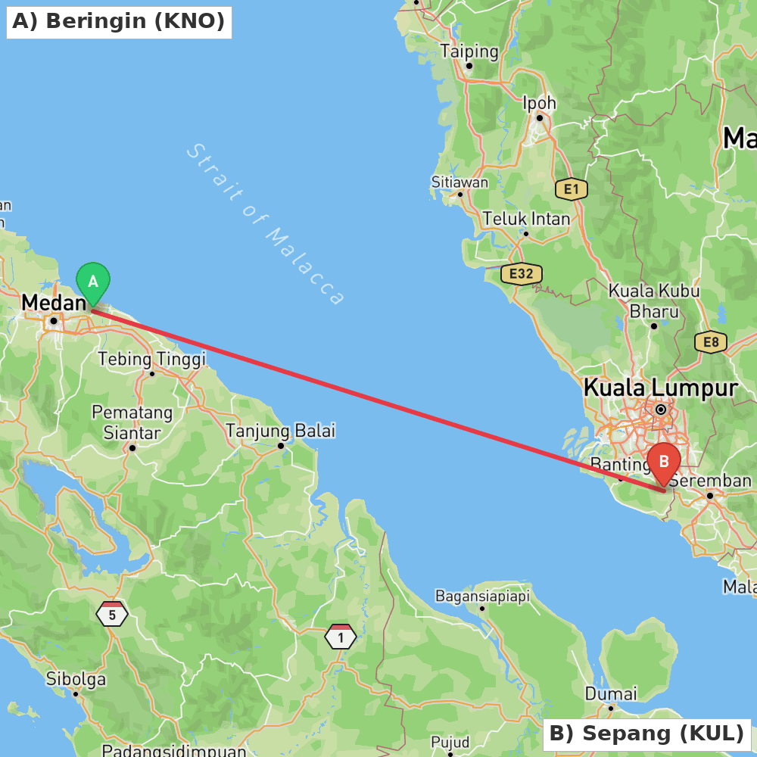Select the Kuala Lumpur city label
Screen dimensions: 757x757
(660, 388)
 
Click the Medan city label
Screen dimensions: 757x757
(54, 303)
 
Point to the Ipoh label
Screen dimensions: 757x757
(539, 103)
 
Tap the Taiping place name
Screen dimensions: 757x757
(469, 51)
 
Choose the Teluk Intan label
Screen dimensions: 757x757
(526, 219)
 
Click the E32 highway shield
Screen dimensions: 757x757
(522, 273)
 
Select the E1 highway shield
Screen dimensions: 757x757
(571, 189)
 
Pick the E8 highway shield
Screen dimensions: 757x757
(711, 342)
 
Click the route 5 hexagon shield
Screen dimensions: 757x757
(112, 615)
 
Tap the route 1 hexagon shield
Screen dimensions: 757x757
(341, 637)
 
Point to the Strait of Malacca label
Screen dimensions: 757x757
(265, 225)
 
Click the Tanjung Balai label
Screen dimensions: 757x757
(280, 431)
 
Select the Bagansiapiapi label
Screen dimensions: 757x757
(482, 596)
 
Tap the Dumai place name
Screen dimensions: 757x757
(610, 693)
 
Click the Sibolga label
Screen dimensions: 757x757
(76, 679)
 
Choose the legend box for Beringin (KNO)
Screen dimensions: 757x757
(119, 21)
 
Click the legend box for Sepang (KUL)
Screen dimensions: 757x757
(646, 734)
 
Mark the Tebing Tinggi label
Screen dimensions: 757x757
(151, 359)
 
